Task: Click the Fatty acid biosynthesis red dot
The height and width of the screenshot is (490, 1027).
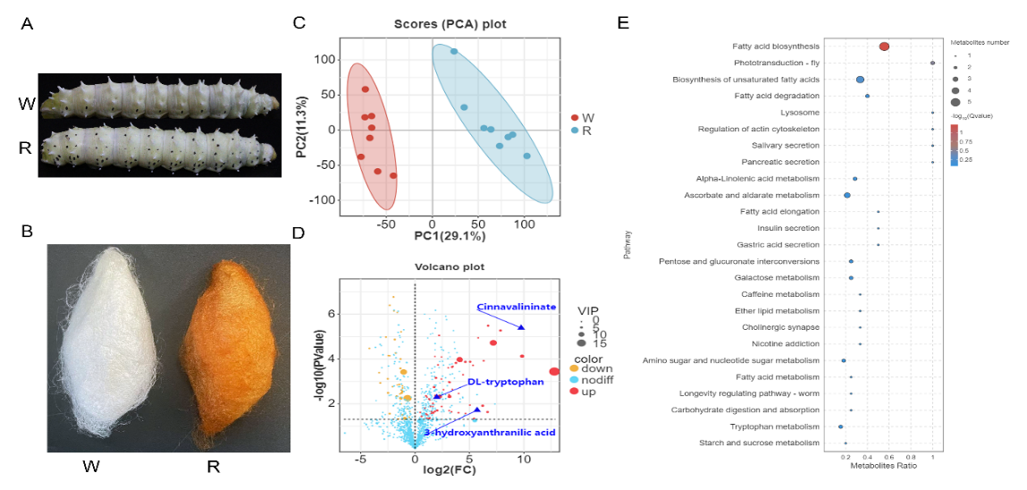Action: coord(884,46)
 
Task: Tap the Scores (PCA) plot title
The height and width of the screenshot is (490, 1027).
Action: coord(450,24)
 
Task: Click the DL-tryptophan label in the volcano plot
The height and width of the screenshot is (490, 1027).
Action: coord(505,382)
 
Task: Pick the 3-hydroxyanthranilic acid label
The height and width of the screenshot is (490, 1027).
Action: coord(490,433)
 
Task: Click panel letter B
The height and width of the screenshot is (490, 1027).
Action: coord(27,231)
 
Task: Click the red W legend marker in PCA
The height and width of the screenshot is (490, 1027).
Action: coord(574,118)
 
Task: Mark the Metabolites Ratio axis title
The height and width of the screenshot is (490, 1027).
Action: coord(881,466)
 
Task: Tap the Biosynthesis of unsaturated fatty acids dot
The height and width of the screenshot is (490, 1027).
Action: coord(860,80)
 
